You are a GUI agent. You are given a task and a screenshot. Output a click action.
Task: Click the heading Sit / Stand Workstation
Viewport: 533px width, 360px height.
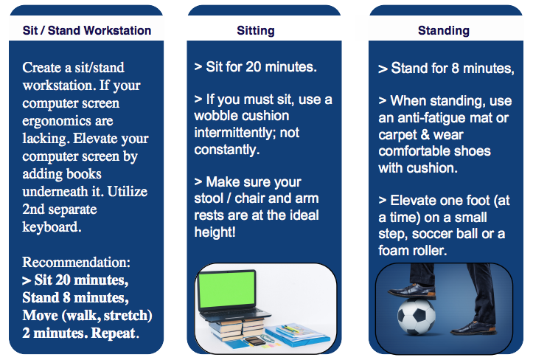(x=87, y=30)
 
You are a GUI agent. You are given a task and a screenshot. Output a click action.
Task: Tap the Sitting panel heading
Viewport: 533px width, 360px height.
(x=256, y=31)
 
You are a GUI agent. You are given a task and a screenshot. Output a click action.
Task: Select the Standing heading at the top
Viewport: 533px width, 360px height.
(x=444, y=31)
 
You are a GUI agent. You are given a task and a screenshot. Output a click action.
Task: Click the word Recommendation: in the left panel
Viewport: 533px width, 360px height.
(x=76, y=262)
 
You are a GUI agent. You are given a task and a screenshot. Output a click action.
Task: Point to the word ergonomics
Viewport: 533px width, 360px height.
(x=68, y=121)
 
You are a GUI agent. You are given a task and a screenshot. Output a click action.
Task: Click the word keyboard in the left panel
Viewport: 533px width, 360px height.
(x=51, y=227)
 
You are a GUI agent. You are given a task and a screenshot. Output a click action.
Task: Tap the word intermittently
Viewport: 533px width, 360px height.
(x=234, y=132)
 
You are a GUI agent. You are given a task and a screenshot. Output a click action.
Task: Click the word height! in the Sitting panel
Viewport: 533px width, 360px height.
(x=215, y=232)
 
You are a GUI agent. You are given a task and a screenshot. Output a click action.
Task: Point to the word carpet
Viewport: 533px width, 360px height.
(x=397, y=135)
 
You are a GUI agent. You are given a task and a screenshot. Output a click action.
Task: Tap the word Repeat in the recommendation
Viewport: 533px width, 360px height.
(x=114, y=333)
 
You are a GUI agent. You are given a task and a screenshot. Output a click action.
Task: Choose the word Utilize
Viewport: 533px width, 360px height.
(x=128, y=192)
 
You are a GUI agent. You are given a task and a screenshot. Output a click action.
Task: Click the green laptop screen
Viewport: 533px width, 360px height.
(x=227, y=290)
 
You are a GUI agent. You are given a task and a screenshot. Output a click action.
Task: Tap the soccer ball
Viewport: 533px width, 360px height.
(x=416, y=316)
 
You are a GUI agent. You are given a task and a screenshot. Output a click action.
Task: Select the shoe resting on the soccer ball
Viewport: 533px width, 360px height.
(x=412, y=291)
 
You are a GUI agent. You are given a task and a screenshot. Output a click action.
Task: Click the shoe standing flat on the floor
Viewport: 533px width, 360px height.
(x=473, y=328)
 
